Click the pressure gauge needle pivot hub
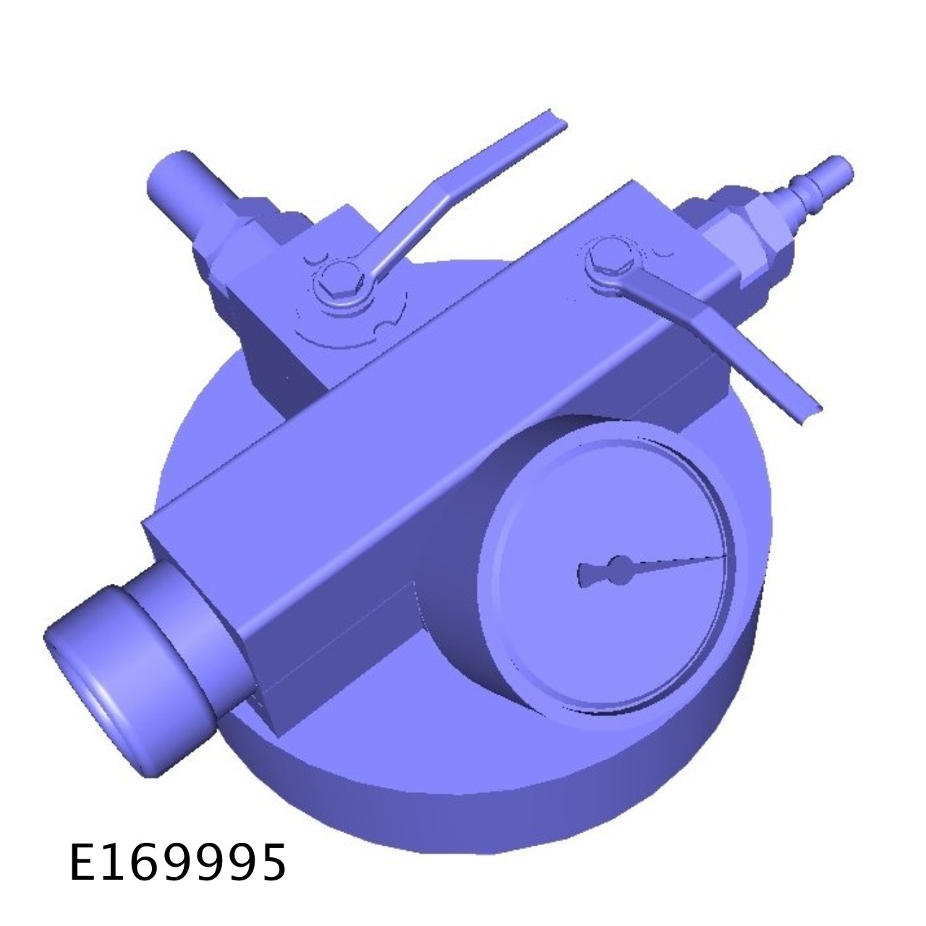tap(621, 569)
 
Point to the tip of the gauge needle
tap(726, 556)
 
